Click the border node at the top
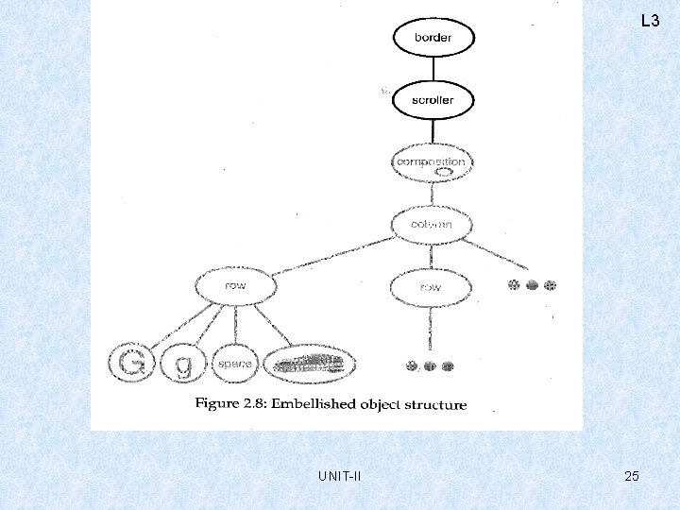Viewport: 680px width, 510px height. (433, 38)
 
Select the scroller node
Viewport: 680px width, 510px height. (433, 99)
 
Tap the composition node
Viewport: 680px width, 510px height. (431, 163)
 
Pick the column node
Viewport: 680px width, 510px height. (431, 225)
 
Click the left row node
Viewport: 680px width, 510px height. (234, 285)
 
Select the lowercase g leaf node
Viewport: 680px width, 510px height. (183, 364)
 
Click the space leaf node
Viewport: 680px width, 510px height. (234, 364)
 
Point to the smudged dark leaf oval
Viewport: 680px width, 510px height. (310, 364)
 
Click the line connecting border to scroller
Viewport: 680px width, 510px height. (433, 68)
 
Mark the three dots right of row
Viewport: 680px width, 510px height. (532, 285)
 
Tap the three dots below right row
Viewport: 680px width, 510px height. (429, 366)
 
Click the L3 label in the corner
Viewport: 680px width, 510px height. (650, 20)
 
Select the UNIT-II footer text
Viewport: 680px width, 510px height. (340, 476)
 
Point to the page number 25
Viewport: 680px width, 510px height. (632, 476)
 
